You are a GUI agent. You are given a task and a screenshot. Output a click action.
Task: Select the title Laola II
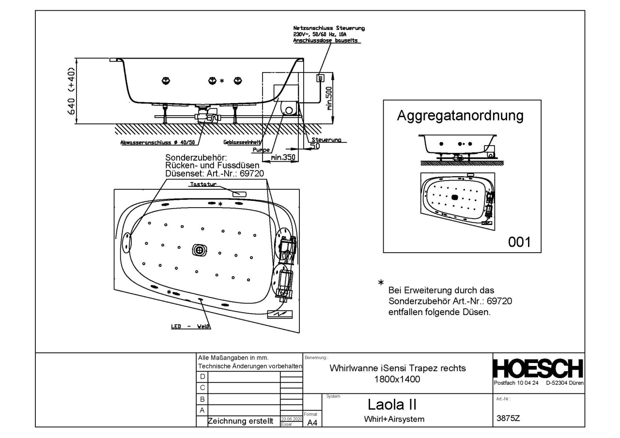tap(393, 404)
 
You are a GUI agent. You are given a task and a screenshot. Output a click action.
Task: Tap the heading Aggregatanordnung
tap(460, 116)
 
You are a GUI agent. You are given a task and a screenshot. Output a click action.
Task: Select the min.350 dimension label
tap(283, 157)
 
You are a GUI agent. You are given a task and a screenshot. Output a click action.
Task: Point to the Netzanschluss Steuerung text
tap(329, 28)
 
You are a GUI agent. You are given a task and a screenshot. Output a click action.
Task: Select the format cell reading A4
tap(312, 422)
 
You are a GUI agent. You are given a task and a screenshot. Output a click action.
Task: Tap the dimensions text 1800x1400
tap(397, 379)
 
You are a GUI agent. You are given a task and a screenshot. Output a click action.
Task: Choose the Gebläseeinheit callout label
tap(242, 142)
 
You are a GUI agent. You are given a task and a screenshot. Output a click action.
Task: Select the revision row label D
tap(202, 377)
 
